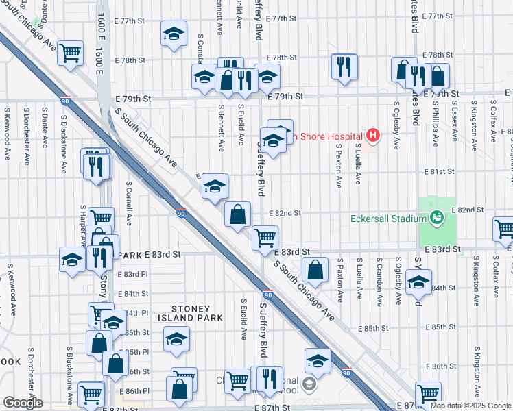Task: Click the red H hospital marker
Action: pos(372,136)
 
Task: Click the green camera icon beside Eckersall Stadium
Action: pos(436,218)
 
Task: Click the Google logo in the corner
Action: pos(23,403)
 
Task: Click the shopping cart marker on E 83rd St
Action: pos(265,238)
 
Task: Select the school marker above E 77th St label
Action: pos(174,33)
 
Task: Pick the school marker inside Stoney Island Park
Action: pos(177,339)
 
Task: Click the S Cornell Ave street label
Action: pos(129,203)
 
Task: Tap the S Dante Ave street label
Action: pos(45,127)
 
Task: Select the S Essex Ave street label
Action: pos(454,124)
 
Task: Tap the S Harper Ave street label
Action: pos(83,226)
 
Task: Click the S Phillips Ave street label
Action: pos(436,124)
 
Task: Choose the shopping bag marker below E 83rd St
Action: pos(315,271)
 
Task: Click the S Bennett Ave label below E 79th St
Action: pos(222,127)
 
